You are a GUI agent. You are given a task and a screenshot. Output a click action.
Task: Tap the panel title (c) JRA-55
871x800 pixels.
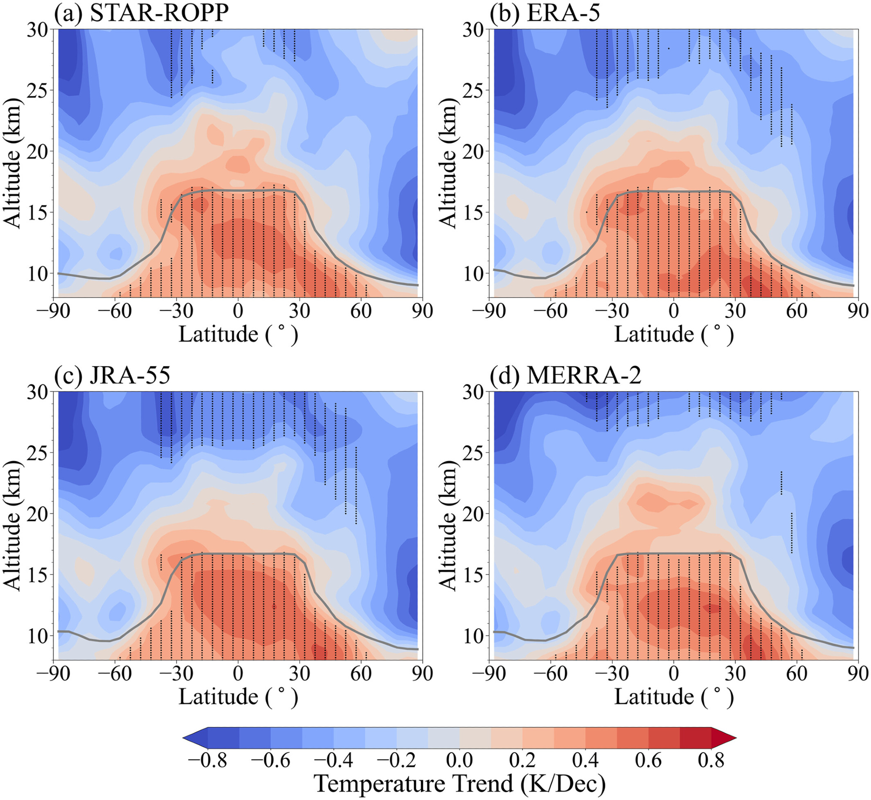[x=112, y=375]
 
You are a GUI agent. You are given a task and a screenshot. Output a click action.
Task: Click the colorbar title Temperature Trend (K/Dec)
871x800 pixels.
[x=459, y=783]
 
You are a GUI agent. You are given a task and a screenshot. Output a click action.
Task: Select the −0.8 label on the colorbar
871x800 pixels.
[x=207, y=760]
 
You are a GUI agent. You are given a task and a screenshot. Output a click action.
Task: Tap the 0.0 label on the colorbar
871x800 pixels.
[x=459, y=760]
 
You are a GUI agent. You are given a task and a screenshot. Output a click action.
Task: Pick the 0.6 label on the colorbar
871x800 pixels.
[x=648, y=760]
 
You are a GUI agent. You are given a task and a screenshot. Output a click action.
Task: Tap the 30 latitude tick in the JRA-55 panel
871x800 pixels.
[x=299, y=673]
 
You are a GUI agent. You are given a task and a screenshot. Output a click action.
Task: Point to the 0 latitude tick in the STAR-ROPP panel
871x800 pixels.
[x=238, y=311]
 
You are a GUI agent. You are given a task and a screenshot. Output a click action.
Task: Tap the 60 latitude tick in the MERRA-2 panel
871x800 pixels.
[x=797, y=673]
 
